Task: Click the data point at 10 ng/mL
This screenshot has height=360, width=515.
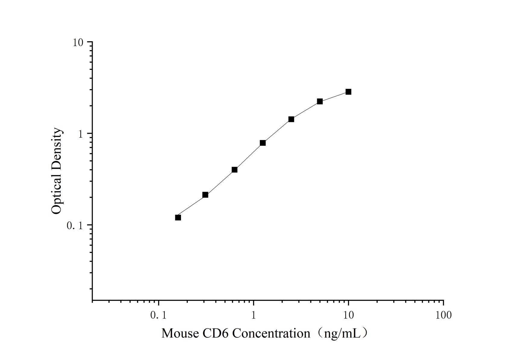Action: pyautogui.click(x=348, y=92)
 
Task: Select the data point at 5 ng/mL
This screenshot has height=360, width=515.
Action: pyautogui.click(x=320, y=102)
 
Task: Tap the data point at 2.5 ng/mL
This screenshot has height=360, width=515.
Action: pyautogui.click(x=291, y=119)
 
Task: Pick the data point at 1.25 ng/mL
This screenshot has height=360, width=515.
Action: pyautogui.click(x=263, y=143)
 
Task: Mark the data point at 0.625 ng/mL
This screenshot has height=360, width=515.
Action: pyautogui.click(x=234, y=170)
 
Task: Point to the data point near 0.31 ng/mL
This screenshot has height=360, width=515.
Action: pyautogui.click(x=205, y=195)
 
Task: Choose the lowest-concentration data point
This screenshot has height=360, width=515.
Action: pyautogui.click(x=178, y=218)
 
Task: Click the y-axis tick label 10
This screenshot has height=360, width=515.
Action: pyautogui.click(x=77, y=42)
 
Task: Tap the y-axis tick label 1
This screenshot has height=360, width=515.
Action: pyautogui.click(x=80, y=134)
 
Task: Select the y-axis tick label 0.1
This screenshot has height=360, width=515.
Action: pyautogui.click(x=74, y=225)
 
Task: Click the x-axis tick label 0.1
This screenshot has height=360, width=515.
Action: pyautogui.click(x=158, y=315)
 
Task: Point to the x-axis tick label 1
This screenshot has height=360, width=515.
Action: pyautogui.click(x=253, y=315)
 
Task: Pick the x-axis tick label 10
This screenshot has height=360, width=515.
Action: pyautogui.click(x=348, y=315)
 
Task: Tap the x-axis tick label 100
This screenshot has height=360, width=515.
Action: pyautogui.click(x=443, y=315)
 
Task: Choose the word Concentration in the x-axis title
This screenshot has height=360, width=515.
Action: pyautogui.click(x=271, y=333)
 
